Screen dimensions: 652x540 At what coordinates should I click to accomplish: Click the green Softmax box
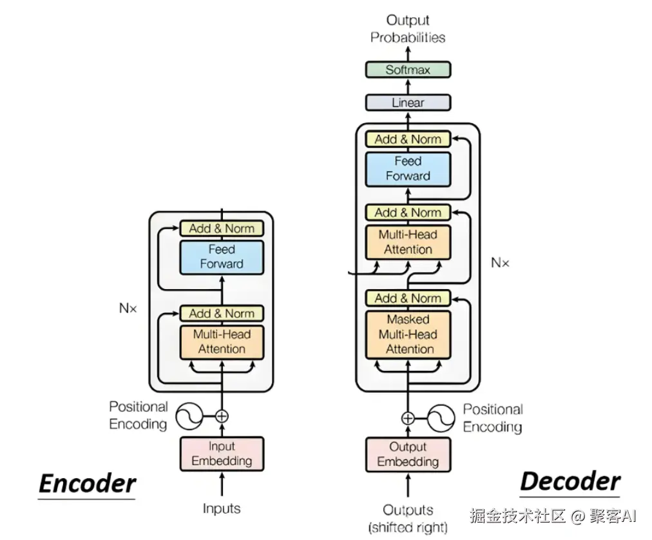pyautogui.click(x=408, y=70)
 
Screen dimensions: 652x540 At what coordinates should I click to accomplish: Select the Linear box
pyautogui.click(x=408, y=103)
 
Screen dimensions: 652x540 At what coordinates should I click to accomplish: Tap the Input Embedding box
pyautogui.click(x=222, y=454)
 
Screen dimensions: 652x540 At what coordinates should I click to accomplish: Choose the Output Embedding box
pyautogui.click(x=408, y=454)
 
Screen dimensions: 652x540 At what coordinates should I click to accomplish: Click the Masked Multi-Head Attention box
pyautogui.click(x=408, y=334)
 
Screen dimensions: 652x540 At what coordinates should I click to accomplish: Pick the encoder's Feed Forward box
pyautogui.click(x=222, y=257)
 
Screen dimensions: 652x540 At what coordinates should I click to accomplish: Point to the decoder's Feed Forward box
pyautogui.click(x=408, y=168)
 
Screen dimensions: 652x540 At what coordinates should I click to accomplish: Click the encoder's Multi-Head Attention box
pyautogui.click(x=222, y=342)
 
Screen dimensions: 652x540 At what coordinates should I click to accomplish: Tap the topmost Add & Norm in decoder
pyautogui.click(x=408, y=139)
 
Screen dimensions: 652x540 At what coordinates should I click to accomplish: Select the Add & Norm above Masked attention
pyautogui.click(x=408, y=298)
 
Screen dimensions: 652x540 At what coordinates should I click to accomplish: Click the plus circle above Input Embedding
pyautogui.click(x=222, y=416)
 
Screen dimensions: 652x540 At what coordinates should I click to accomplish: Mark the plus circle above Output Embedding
pyautogui.click(x=408, y=418)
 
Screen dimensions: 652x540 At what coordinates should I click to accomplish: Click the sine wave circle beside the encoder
pyautogui.click(x=189, y=416)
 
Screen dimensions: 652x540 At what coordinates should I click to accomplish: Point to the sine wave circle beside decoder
pyautogui.click(x=441, y=418)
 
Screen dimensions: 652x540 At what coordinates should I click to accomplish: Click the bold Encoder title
pyautogui.click(x=88, y=484)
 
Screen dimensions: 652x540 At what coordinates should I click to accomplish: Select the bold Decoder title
pyautogui.click(x=570, y=482)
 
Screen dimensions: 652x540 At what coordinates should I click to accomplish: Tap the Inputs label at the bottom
pyautogui.click(x=222, y=509)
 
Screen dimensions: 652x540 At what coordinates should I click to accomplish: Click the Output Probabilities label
pyautogui.click(x=408, y=29)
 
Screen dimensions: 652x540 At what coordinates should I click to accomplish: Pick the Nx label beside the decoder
pyautogui.click(x=500, y=263)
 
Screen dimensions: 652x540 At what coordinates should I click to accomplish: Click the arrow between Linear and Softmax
pyautogui.click(x=408, y=86)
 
